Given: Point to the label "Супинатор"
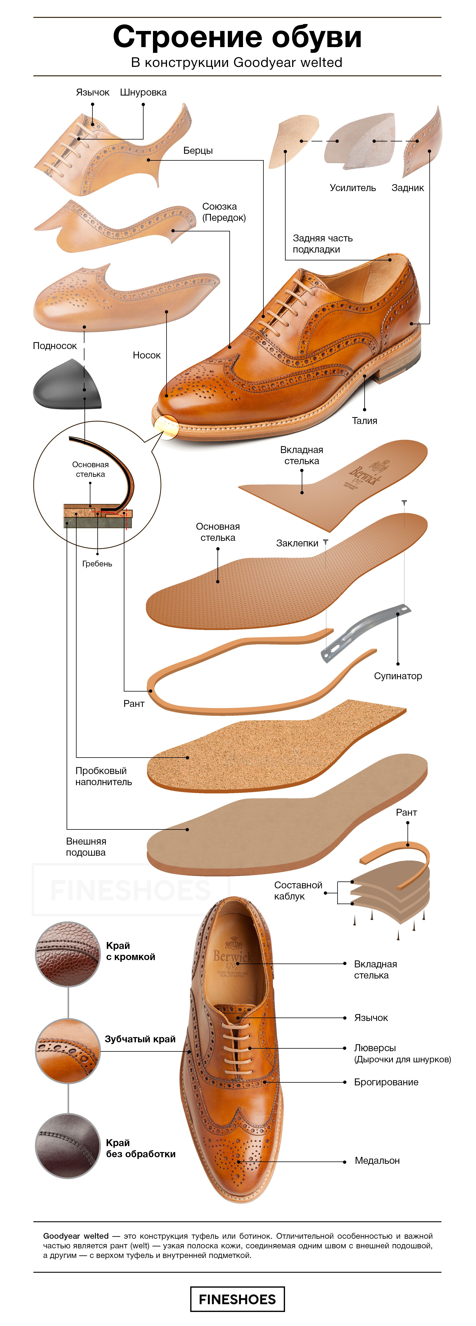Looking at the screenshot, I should pyautogui.click(x=398, y=676).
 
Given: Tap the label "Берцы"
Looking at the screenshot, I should pyautogui.click(x=198, y=150).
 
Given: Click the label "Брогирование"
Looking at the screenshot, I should pyautogui.click(x=386, y=1082).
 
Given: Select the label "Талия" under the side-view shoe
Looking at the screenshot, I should pyautogui.click(x=364, y=421).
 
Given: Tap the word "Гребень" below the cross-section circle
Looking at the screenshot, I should pyautogui.click(x=97, y=564).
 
